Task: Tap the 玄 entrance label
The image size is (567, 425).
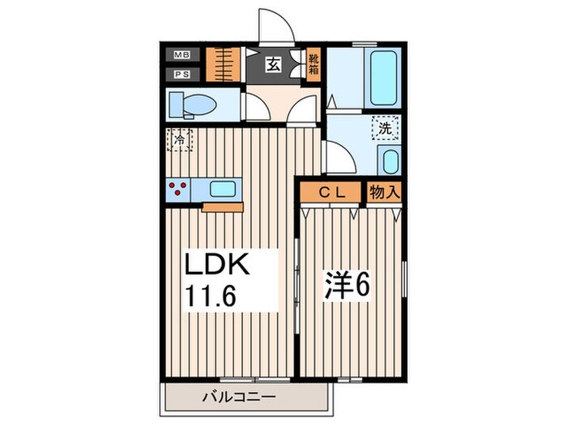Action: tap(274, 66)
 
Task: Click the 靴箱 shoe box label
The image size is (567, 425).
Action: tap(314, 64)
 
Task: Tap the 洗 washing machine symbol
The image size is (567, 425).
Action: tap(386, 127)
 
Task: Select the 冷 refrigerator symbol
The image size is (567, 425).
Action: tap(180, 141)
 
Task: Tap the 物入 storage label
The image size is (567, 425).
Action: tap(384, 192)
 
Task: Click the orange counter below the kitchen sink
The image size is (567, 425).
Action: tap(223, 206)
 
